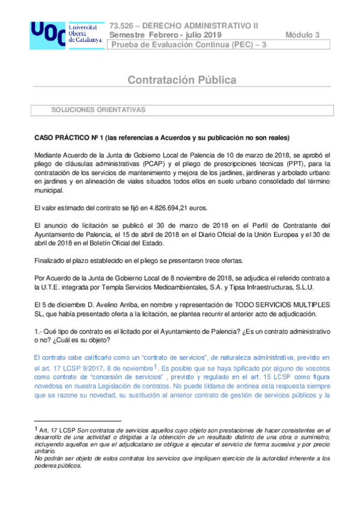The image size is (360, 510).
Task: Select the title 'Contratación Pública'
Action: click(x=181, y=80)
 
